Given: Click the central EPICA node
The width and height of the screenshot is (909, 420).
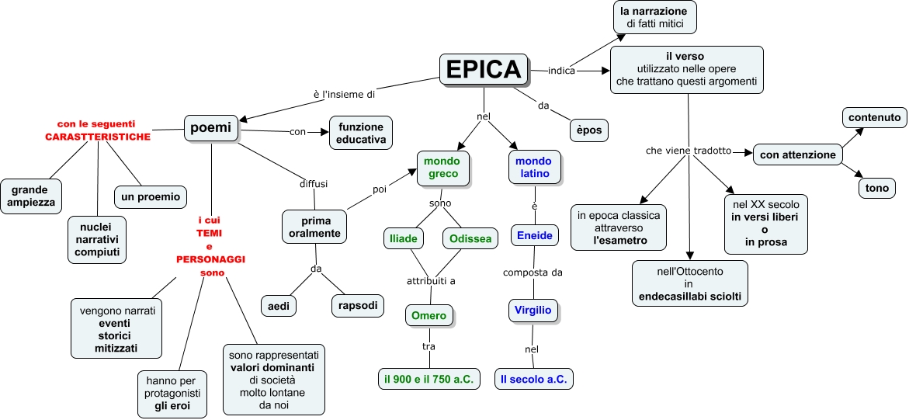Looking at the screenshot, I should tap(484, 69).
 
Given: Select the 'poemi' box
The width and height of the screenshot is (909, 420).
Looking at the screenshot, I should tap(210, 128).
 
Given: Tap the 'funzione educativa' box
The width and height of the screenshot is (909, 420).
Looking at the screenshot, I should tap(361, 133).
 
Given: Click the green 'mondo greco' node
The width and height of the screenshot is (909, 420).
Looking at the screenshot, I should tap(442, 167).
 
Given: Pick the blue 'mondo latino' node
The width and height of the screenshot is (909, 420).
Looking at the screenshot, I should tap(534, 167).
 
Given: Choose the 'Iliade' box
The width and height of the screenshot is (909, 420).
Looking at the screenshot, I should tap(404, 238).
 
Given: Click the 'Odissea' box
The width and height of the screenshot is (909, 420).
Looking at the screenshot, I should tap(470, 238).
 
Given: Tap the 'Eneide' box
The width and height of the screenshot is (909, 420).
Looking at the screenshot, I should tap(534, 235).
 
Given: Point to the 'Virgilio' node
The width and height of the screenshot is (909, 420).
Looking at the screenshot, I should tap(533, 310).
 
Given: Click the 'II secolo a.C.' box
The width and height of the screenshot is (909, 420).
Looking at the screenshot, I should tap(534, 379).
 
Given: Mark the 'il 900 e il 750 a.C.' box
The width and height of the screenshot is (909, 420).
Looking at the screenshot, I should tap(429, 379).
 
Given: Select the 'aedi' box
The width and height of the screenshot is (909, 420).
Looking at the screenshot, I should tap(279, 306).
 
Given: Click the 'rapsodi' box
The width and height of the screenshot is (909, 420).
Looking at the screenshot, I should tap(358, 306).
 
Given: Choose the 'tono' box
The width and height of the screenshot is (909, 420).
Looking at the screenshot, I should tap(877, 188).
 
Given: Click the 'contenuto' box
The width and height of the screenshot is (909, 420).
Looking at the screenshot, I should tap(874, 118).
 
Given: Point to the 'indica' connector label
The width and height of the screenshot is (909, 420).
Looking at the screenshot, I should tap(561, 71).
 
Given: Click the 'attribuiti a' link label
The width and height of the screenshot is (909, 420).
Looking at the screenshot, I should tap(432, 280).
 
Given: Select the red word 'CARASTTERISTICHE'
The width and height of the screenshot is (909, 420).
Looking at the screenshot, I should tap(96, 136).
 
